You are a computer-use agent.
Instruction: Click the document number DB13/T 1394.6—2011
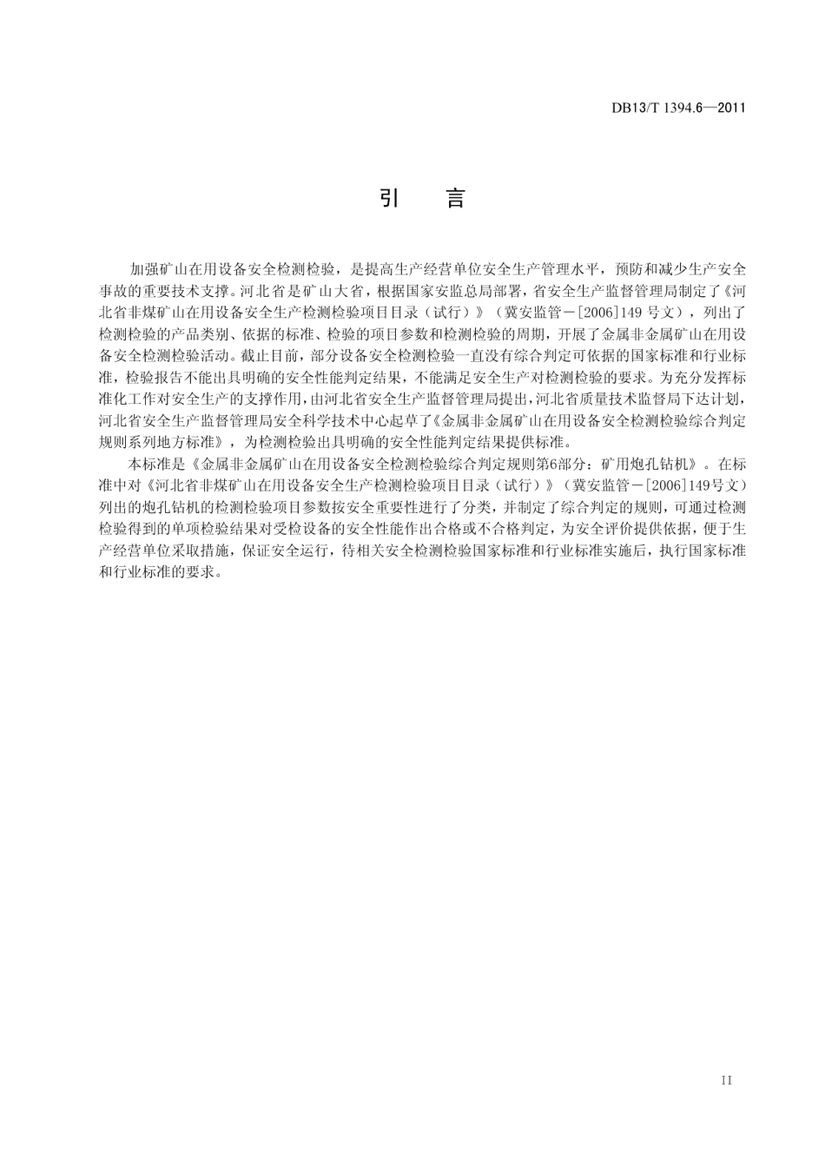pyautogui.click(x=677, y=109)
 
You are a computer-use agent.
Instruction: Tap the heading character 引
pyautogui.click(x=388, y=199)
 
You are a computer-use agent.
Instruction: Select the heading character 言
pyautogui.click(x=455, y=199)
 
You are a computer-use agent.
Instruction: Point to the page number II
pyautogui.click(x=727, y=1080)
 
